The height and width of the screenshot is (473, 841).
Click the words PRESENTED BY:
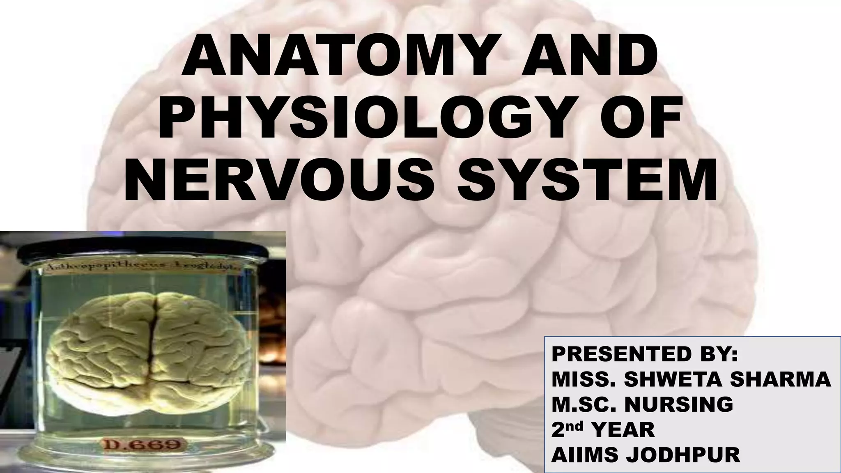point(644,354)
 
